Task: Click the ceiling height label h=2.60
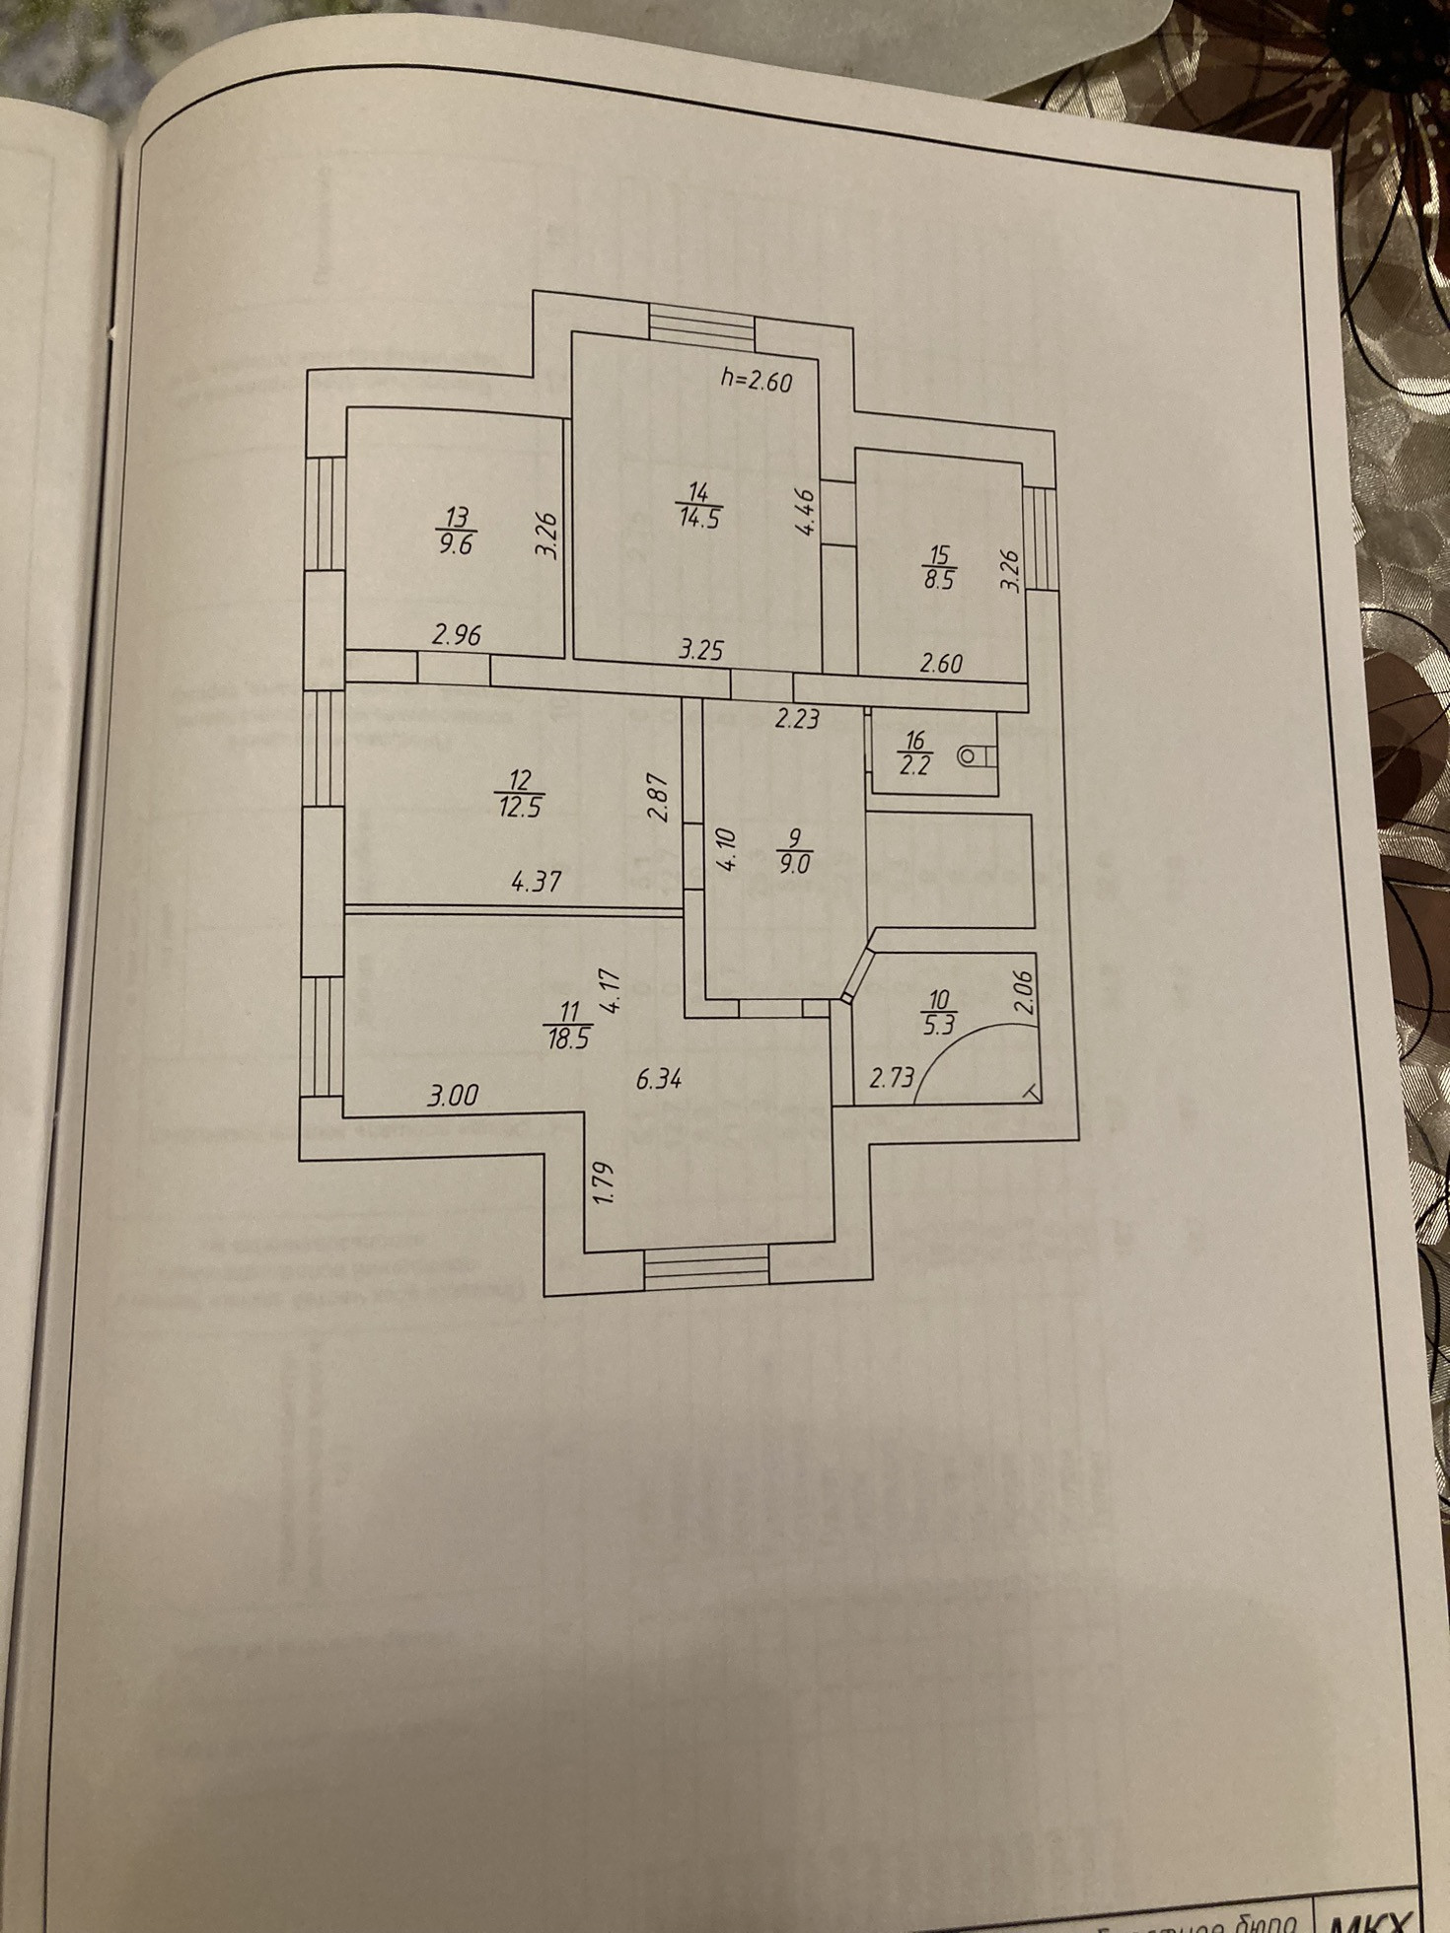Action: pos(756,381)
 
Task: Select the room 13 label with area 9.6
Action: pos(457,531)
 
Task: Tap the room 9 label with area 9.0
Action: pos(794,851)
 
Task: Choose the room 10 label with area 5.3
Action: pos(937,1015)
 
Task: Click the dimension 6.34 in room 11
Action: pos(660,1080)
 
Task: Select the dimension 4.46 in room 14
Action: pos(806,513)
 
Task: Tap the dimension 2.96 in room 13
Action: pos(457,636)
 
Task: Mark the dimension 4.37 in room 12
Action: pos(537,881)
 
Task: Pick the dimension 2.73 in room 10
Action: pos(892,1078)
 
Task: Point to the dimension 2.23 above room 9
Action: pos(797,719)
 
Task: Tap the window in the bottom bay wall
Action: pos(704,1265)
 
